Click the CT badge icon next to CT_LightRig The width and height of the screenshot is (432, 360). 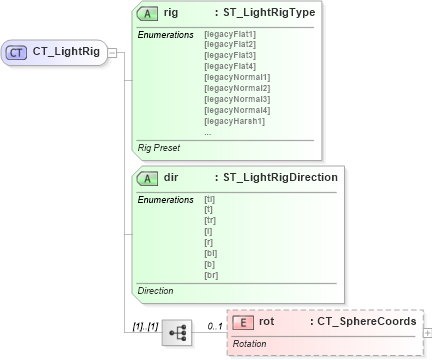click(x=17, y=51)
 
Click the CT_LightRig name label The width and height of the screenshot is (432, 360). click(x=66, y=51)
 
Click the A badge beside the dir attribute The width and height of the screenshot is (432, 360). click(x=148, y=177)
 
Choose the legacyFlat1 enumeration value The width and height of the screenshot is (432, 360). click(x=229, y=35)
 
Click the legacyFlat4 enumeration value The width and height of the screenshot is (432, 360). click(x=229, y=66)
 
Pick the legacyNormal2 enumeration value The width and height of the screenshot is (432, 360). click(x=236, y=88)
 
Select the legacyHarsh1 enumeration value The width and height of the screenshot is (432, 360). click(x=233, y=120)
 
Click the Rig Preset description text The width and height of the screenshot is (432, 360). click(x=160, y=147)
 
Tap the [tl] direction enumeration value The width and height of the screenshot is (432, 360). click(x=209, y=199)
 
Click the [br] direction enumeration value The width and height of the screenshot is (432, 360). click(x=210, y=274)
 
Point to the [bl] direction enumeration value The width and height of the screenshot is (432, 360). click(x=210, y=253)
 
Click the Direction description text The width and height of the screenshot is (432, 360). click(x=155, y=291)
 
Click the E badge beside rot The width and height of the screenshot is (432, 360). click(x=243, y=322)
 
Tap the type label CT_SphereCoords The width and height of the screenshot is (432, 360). click(x=363, y=322)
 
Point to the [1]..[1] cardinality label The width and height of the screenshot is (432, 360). click(x=145, y=326)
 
